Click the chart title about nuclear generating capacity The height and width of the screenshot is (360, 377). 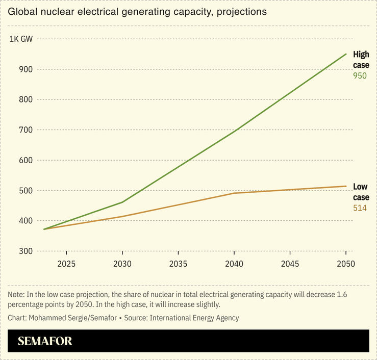tap(137, 12)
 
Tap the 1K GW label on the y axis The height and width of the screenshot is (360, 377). tap(21, 39)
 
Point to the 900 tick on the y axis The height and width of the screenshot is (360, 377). tap(26, 69)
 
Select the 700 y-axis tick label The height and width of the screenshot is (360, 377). tap(26, 130)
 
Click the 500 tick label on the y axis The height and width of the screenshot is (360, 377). tap(26, 191)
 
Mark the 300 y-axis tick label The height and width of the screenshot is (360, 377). tap(26, 251)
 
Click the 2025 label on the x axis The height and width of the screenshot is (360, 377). tap(67, 264)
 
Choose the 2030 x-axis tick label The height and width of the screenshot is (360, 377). tap(122, 264)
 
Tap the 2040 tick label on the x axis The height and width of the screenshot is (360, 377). tap(234, 264)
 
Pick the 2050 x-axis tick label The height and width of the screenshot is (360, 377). tap(345, 264)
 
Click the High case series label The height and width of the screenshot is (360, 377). tap(361, 60)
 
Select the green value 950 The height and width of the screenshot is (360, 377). tap(360, 76)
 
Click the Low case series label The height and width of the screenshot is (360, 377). tap(361, 192)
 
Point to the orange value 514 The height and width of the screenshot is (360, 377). tap(360, 208)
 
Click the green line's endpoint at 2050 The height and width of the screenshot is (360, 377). tap(346, 54)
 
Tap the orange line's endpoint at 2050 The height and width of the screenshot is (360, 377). tap(346, 186)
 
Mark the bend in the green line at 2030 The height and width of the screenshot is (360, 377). tap(122, 202)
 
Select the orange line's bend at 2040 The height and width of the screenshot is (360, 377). tap(234, 193)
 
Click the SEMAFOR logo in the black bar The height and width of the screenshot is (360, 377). tap(45, 341)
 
